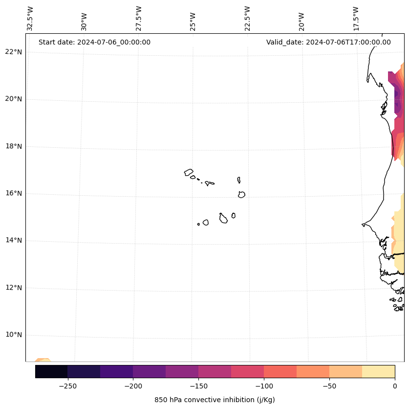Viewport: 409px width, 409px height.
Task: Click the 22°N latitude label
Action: [x=14, y=52]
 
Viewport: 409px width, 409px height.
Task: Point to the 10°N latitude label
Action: [x=14, y=335]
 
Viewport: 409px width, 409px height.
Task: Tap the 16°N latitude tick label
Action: [x=14, y=193]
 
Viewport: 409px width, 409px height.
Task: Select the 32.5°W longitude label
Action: [x=30, y=19]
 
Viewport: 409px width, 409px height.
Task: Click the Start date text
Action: [x=94, y=42]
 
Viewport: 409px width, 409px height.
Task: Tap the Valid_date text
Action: [x=328, y=42]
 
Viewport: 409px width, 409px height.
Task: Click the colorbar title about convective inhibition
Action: [x=215, y=400]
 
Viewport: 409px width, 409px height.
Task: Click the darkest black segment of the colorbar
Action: [x=51, y=371]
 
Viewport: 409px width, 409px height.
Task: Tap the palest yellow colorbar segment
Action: [x=378, y=371]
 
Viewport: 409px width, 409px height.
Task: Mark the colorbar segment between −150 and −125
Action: [x=215, y=371]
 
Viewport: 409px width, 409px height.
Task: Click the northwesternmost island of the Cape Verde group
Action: [x=189, y=172]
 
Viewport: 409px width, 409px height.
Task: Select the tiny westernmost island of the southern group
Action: [x=198, y=224]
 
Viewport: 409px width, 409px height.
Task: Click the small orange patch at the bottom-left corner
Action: [x=43, y=360]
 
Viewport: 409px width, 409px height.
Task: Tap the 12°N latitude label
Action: [x=14, y=288]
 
